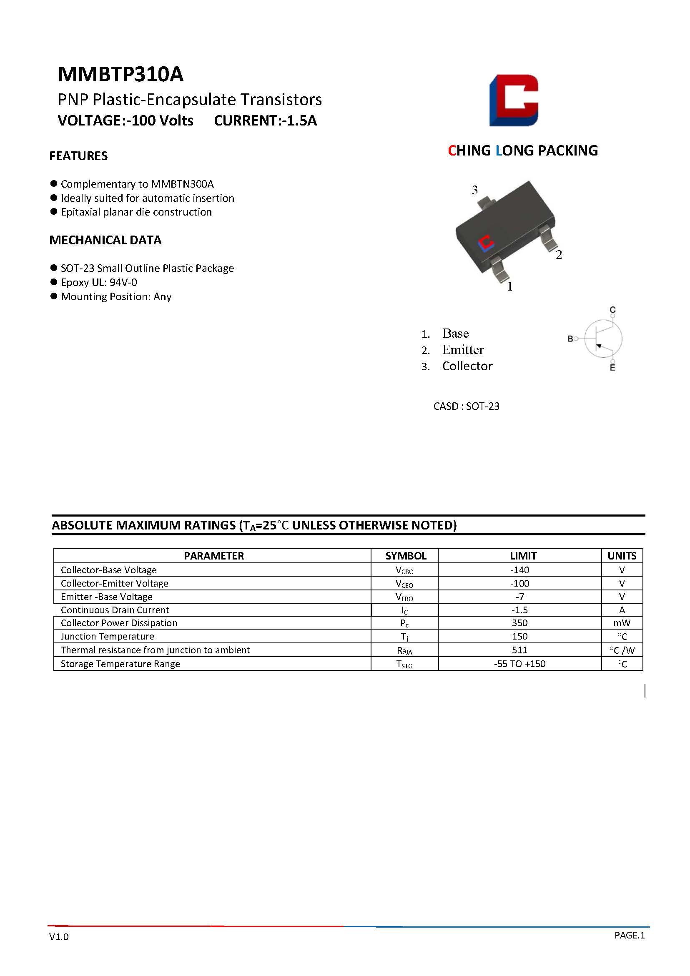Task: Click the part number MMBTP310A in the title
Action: click(120, 74)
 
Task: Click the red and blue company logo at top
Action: click(514, 100)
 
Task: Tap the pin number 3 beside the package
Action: click(474, 190)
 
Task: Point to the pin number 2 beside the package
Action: click(559, 255)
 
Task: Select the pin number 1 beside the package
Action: click(510, 286)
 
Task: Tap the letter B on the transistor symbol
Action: click(570, 339)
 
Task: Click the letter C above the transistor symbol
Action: click(612, 309)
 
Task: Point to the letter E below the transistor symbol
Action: click(612, 368)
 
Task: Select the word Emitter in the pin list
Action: click(462, 350)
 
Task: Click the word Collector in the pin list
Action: click(467, 366)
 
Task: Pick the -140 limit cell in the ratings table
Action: click(519, 570)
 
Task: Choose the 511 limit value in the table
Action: click(519, 650)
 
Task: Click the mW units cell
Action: click(622, 623)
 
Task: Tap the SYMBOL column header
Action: click(406, 556)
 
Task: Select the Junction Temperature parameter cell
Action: click(107, 636)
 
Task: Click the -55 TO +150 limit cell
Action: click(519, 664)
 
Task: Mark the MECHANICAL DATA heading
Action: click(105, 240)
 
